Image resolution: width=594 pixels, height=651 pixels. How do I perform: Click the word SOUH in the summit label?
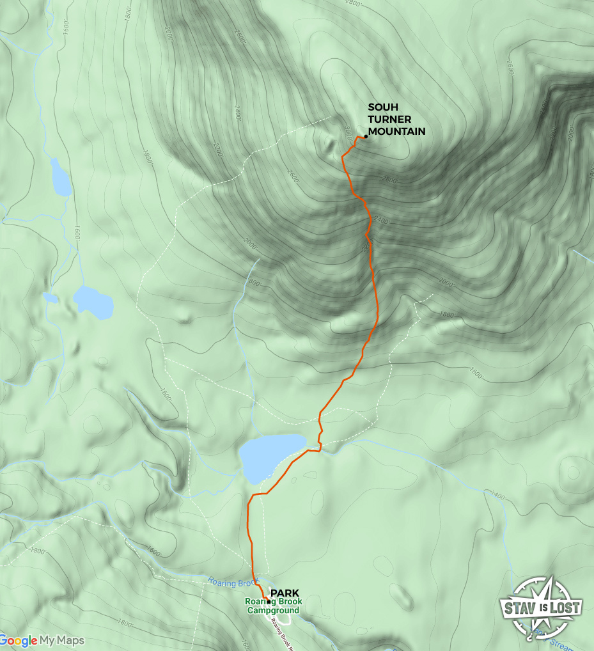tap(381, 108)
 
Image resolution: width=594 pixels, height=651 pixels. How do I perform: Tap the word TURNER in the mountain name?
tap(389, 120)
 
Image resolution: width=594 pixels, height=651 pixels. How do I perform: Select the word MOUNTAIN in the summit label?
tap(396, 131)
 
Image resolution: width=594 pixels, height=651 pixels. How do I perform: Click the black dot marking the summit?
tap(366, 136)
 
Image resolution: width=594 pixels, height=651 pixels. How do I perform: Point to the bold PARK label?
tap(285, 593)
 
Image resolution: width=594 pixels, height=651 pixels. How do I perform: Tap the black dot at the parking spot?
tap(269, 602)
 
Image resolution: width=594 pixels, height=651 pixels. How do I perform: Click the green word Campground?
tap(273, 610)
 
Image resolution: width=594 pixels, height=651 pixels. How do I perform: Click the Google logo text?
tap(19, 641)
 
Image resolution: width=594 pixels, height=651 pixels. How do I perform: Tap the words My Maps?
tap(62, 641)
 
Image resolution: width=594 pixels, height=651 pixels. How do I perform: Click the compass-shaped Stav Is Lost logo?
tap(540, 608)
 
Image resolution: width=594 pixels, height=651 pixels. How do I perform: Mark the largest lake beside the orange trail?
tap(270, 455)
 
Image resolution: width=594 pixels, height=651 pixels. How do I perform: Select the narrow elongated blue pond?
tap(61, 178)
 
